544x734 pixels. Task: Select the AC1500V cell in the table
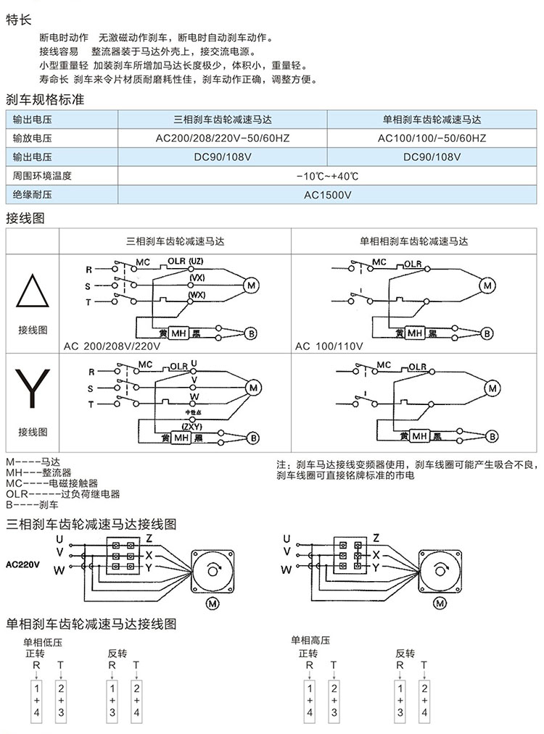coord(327,195)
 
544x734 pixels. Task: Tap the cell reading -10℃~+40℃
coord(327,176)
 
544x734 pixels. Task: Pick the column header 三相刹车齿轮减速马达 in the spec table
coord(222,120)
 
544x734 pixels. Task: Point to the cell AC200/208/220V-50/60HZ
coord(222,138)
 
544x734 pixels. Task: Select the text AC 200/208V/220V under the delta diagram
coord(112,346)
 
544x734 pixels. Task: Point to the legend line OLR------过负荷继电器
coord(62,494)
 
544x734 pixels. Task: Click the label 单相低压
coord(44,641)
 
